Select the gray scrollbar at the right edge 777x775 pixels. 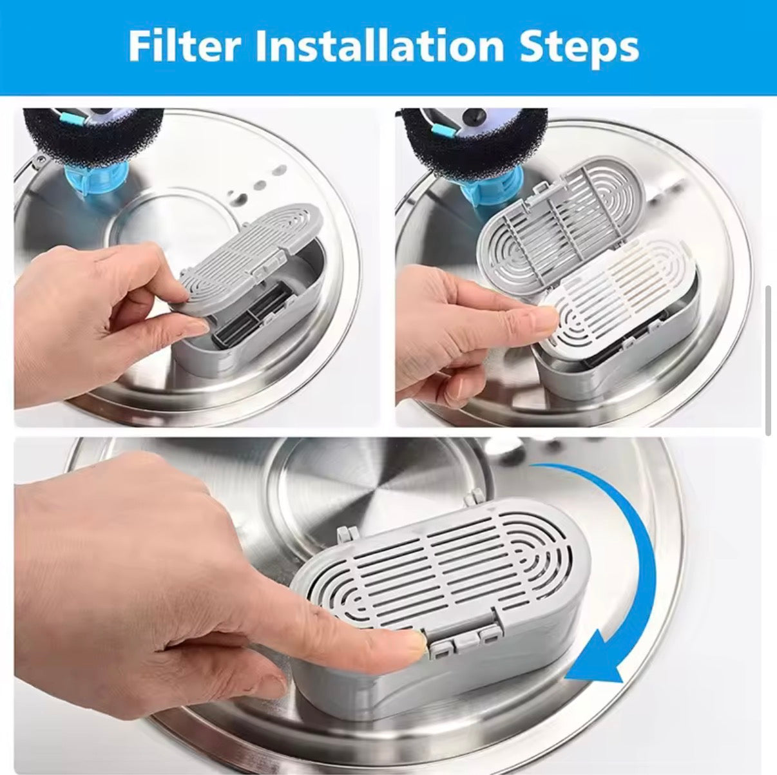(769, 361)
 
